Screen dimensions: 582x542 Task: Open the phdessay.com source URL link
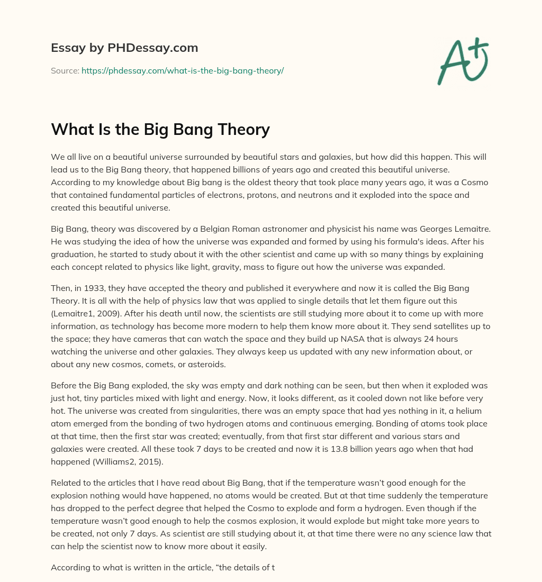click(183, 70)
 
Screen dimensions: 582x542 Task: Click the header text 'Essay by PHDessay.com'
click(124, 48)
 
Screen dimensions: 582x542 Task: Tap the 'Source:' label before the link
click(65, 70)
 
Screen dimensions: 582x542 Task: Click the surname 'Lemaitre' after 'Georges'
click(468, 230)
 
